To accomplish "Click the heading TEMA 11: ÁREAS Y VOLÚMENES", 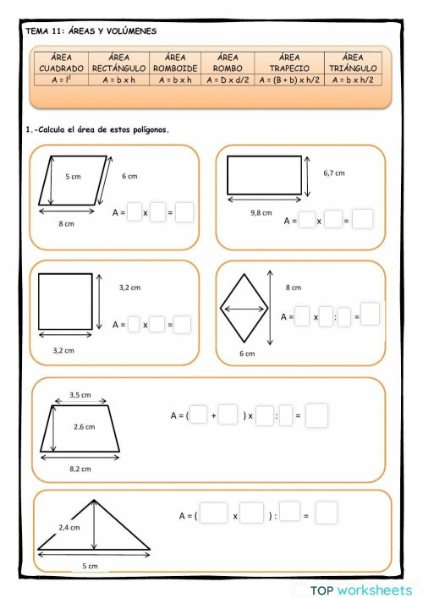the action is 91,31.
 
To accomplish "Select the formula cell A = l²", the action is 61,80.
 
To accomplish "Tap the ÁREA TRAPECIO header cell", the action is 289,63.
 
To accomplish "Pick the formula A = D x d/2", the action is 228,80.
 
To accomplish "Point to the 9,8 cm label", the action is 261,213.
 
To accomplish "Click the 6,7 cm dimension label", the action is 333,173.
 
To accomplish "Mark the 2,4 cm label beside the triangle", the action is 69,527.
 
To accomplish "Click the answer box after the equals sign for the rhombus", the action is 370,314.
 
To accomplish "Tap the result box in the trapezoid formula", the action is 316,415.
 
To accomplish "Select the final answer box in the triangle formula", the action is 327,513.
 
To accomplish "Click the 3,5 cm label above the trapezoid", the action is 80,395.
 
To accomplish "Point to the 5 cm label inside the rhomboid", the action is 73,177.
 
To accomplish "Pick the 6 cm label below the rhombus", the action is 246,354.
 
